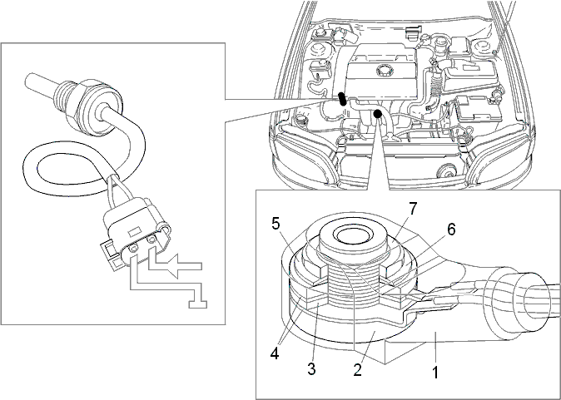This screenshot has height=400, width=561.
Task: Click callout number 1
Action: (435, 372)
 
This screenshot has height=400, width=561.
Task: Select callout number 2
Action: (358, 369)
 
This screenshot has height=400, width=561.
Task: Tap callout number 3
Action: (311, 369)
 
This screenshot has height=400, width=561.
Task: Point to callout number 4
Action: (275, 353)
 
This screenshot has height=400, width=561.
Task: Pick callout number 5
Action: (276, 225)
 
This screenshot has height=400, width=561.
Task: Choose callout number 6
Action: (451, 230)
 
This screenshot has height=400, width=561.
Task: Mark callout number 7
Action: (413, 209)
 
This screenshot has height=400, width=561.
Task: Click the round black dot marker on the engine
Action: (377, 114)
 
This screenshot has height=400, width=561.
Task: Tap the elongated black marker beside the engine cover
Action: (342, 99)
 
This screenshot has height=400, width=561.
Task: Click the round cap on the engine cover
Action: (384, 70)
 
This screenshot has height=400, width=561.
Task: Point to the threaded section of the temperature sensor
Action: (65, 92)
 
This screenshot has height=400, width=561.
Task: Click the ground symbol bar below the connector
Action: (198, 304)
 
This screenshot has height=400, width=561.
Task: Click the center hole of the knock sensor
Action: (352, 235)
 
